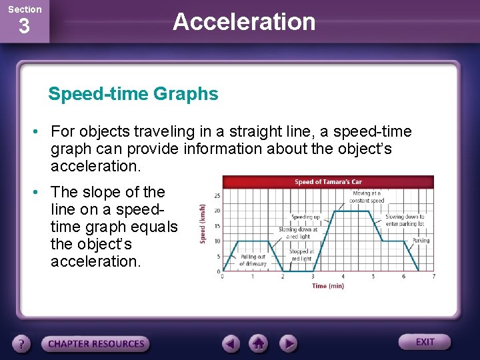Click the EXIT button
coord(425,342)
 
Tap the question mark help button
coord(23,344)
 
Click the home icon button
coord(259,344)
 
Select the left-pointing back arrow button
coord(231,344)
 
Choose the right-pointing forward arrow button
coord(287,344)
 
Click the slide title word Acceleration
coord(243,21)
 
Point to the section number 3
coord(24,28)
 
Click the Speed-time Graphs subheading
coord(133,94)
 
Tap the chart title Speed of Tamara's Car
coord(327,182)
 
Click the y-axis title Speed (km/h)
coord(203,223)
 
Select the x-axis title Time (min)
coord(328,286)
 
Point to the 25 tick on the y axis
coord(217,195)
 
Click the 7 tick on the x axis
coord(434,276)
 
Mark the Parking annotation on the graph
coord(421,240)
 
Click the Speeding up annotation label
coord(305,217)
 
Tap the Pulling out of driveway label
coord(253,260)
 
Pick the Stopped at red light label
coord(301,255)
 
